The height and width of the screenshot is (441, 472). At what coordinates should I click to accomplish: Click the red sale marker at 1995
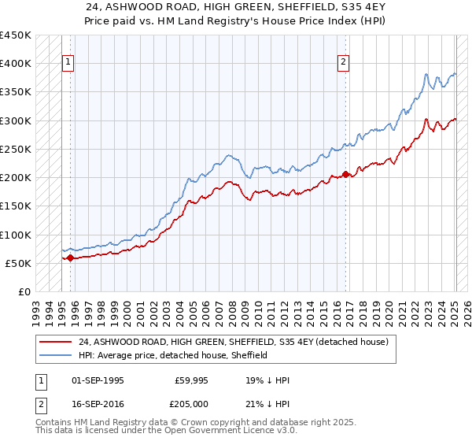(x=70, y=258)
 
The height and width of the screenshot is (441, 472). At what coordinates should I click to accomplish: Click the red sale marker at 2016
(x=345, y=174)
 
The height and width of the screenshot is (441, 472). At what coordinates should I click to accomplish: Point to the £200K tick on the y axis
(x=16, y=177)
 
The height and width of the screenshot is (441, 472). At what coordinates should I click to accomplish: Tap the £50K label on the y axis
(x=18, y=263)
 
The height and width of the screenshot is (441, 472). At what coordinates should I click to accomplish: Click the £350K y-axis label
(x=16, y=92)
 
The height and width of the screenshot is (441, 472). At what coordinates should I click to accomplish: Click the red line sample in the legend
(x=56, y=343)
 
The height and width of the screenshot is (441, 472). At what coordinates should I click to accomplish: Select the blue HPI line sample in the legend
(x=56, y=355)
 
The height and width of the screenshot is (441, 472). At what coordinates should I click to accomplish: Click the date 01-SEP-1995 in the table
(x=98, y=380)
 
